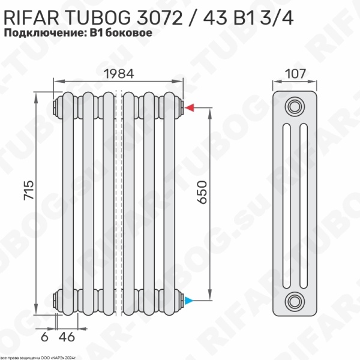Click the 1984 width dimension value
118,73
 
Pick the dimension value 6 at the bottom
44,337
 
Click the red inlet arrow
188,108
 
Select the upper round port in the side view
295,107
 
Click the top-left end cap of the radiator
58,108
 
